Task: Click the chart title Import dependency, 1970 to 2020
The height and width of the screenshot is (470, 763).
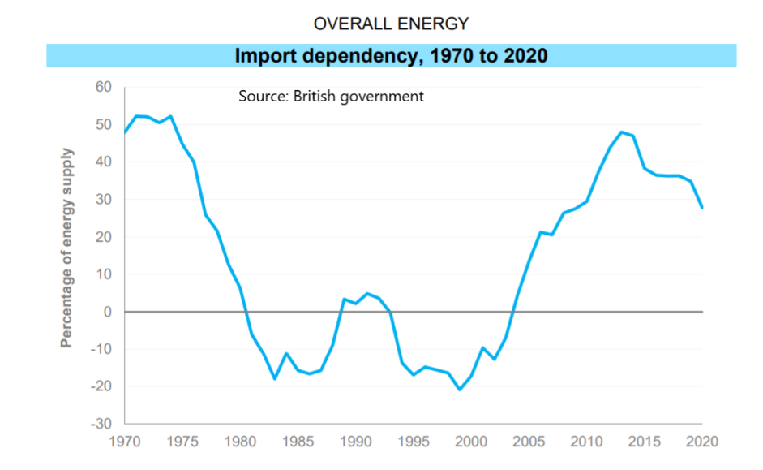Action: tap(391, 56)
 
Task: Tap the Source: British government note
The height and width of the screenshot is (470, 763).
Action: tap(331, 96)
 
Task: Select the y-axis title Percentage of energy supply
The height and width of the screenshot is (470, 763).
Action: tap(66, 248)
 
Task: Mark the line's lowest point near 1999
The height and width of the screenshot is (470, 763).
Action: tap(460, 390)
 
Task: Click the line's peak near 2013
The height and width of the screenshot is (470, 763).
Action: tap(621, 132)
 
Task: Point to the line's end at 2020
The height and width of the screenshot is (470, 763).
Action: tap(702, 208)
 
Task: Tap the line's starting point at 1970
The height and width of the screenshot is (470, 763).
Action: tap(125, 132)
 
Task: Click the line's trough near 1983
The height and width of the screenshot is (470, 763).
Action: tap(275, 378)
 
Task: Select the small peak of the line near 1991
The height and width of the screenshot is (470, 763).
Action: tap(367, 293)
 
